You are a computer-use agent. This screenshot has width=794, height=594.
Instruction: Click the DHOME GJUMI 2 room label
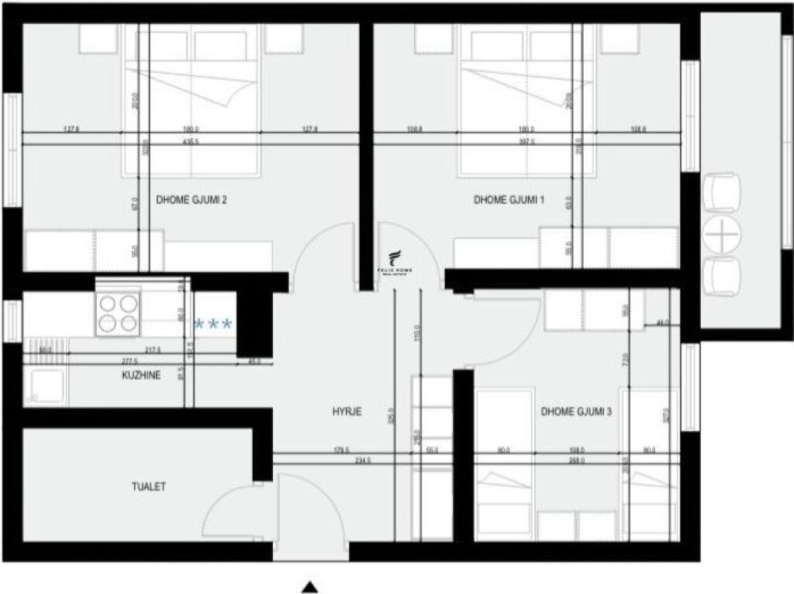(x=191, y=200)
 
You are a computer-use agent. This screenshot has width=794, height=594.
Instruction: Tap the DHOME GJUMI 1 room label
(x=509, y=200)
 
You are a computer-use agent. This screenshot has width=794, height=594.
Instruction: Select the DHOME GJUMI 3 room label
(x=576, y=412)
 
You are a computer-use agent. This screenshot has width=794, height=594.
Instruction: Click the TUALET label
(x=148, y=487)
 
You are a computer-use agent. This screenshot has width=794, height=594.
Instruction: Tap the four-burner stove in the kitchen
(x=117, y=313)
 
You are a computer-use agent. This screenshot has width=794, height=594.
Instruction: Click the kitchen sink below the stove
(x=45, y=385)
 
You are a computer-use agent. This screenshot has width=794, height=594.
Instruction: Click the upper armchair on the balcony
(x=721, y=193)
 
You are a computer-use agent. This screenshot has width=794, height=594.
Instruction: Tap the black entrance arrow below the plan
(x=310, y=587)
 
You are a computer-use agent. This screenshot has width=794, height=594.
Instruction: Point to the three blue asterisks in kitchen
(x=212, y=324)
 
